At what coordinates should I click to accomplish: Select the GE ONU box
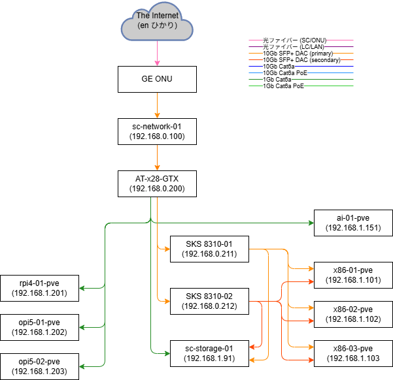pos(156,79)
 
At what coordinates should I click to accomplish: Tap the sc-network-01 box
pos(156,131)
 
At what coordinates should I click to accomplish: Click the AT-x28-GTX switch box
pos(156,183)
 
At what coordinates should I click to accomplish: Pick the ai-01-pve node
pos(353,223)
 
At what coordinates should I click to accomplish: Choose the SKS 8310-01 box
pos(209,249)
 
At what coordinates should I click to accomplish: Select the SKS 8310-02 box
pos(209,301)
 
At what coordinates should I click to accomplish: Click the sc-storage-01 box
pos(209,353)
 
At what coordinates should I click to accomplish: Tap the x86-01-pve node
pos(353,275)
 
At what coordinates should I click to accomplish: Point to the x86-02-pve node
pos(353,314)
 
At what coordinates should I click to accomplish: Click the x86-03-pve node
pos(353,353)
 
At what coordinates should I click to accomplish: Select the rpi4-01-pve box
pos(39,288)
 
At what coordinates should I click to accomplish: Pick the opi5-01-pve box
pos(39,327)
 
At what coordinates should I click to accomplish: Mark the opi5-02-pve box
pos(39,366)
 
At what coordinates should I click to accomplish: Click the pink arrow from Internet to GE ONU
pos(156,54)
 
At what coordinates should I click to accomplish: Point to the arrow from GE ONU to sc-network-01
pos(156,106)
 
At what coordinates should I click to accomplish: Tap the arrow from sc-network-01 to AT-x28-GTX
pos(156,158)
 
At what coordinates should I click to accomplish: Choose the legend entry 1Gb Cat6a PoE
pos(284,86)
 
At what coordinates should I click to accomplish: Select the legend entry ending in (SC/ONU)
pos(294,40)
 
